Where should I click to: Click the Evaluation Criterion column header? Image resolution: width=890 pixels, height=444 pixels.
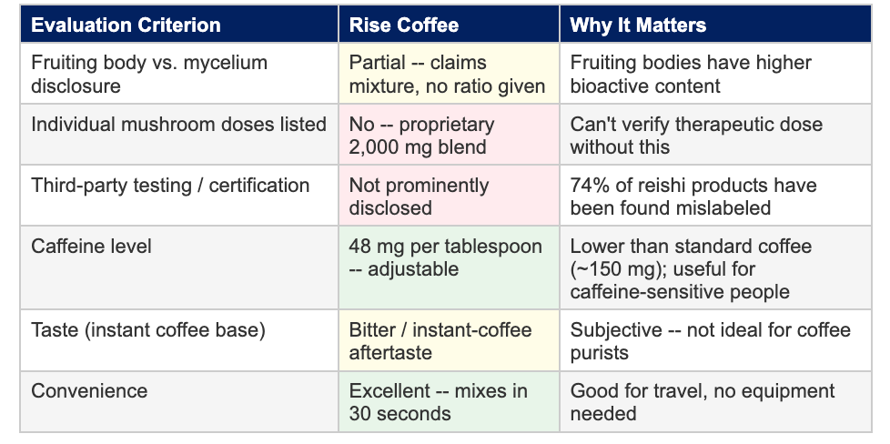click(126, 25)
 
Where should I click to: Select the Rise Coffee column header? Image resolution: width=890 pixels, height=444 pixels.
click(403, 25)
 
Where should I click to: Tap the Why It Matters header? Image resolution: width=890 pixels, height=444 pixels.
click(638, 25)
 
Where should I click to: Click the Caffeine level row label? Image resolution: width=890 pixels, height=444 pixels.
click(91, 247)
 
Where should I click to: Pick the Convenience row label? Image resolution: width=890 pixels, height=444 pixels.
click(89, 391)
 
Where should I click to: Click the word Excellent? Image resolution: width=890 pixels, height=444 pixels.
click(389, 391)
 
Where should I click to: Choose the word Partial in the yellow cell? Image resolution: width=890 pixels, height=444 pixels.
click(377, 63)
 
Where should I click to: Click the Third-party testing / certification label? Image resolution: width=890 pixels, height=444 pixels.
click(170, 186)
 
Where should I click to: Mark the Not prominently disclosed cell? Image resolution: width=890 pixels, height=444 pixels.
click(449, 196)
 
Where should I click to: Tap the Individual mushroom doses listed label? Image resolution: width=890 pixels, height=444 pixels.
click(178, 125)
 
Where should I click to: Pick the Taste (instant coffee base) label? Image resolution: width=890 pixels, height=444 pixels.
click(148, 330)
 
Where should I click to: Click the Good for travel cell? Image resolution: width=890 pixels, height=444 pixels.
click(715, 402)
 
